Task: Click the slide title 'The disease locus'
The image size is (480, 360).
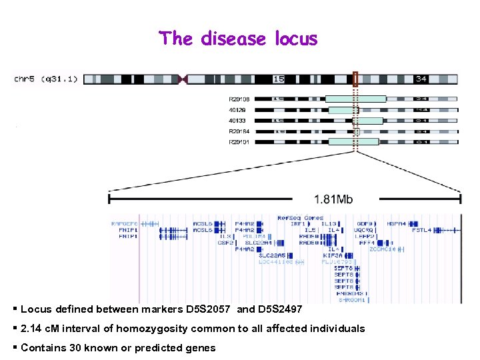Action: tap(238, 39)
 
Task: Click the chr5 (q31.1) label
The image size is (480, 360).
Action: tap(46, 79)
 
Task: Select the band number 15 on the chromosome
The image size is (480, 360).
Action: tap(278, 79)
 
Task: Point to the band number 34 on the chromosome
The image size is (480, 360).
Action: tap(421, 79)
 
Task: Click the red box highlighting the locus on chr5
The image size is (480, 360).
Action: tap(355, 79)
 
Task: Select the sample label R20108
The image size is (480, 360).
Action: tap(239, 99)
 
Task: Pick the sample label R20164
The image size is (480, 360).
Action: tap(239, 131)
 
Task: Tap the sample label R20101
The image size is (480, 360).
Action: tap(239, 142)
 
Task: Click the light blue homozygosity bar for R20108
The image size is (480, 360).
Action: tap(355, 99)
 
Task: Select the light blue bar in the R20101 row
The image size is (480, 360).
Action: tap(353, 142)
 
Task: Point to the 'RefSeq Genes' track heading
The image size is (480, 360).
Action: tap(300, 218)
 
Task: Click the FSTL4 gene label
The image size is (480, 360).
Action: tap(422, 230)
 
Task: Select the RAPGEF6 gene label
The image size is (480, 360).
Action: tap(125, 224)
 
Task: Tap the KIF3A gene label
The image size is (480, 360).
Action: tap(332, 255)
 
